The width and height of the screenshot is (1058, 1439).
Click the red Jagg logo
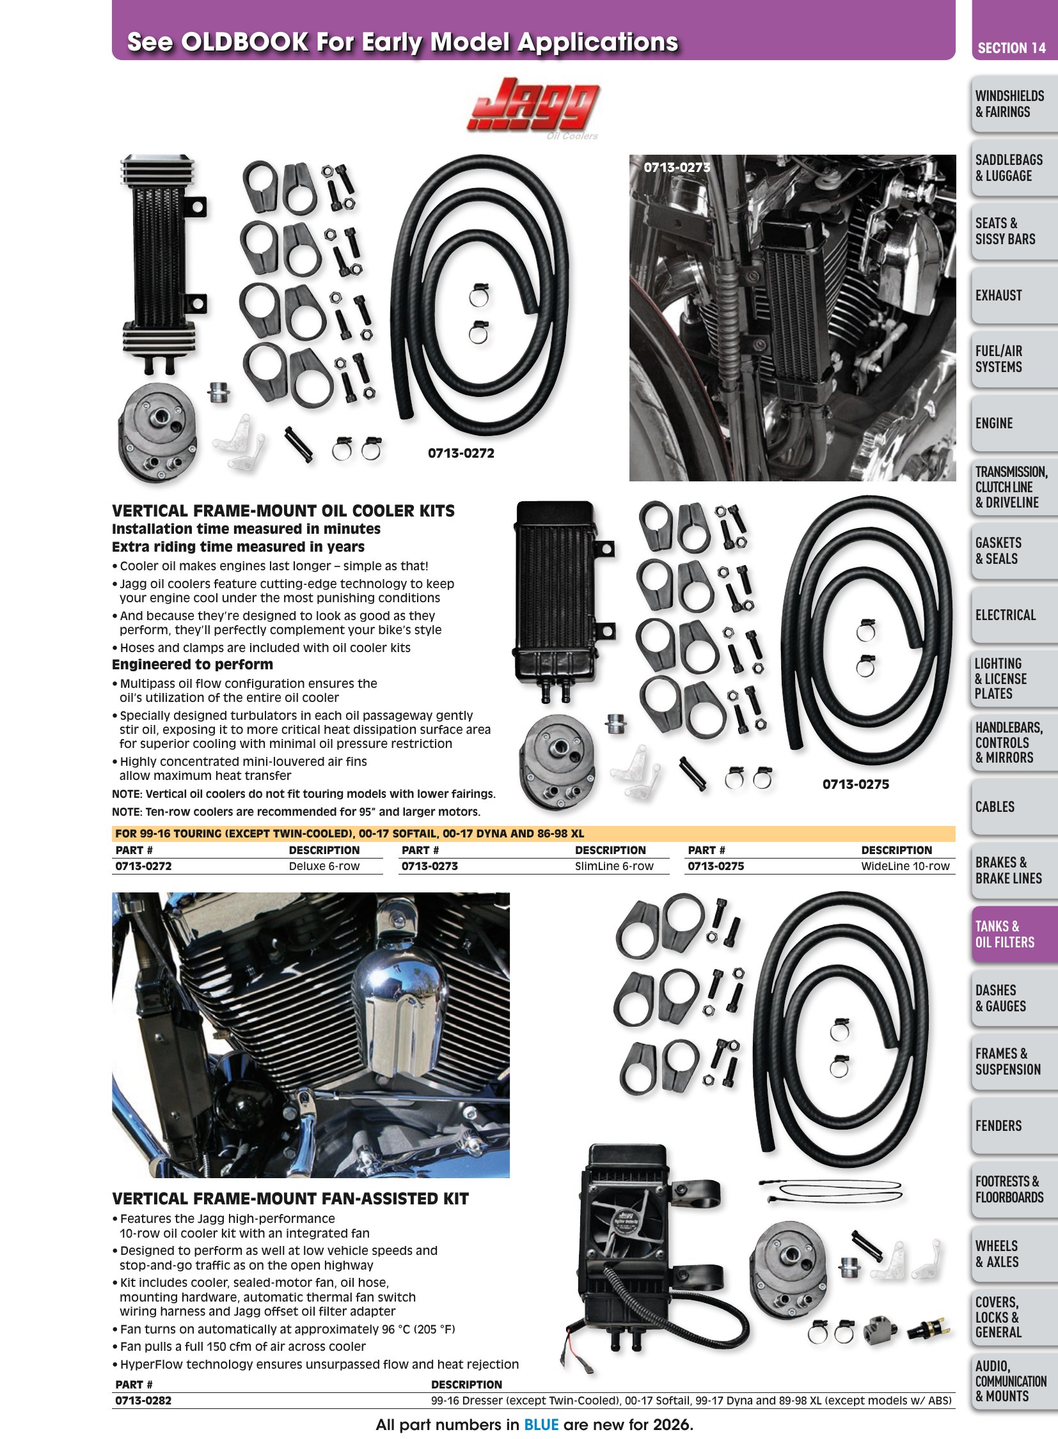pos(533,105)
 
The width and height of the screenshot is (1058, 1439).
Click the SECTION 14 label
pos(1011,48)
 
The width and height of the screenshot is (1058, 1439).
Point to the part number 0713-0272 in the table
pos(143,866)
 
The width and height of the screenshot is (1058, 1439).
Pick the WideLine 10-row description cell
pos(905,866)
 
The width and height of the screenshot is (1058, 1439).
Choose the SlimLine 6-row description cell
pos(614,866)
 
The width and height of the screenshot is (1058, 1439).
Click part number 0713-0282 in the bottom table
pos(143,1400)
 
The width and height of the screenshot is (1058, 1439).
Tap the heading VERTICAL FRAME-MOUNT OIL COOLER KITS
pos(283,511)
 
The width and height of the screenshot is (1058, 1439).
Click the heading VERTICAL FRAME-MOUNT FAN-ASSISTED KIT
pos(290,1198)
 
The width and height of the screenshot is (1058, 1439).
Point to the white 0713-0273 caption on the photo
pos(677,167)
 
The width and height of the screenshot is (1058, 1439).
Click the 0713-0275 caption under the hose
pos(856,784)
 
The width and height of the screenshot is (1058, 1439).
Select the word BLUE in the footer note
pos(541,1424)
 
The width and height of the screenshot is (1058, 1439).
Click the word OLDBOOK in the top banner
pos(244,42)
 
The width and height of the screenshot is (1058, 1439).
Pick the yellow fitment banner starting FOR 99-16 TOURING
pos(533,834)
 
